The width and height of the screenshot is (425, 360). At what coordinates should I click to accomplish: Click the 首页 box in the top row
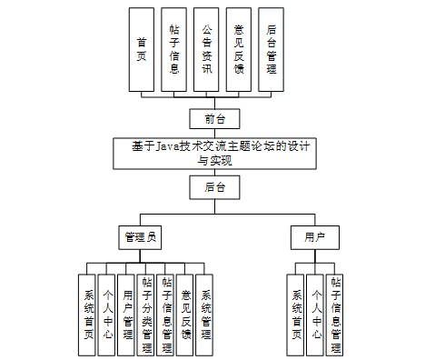point(142,50)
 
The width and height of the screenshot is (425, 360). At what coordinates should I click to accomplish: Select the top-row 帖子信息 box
point(174,50)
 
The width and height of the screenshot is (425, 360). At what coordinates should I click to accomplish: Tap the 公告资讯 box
point(207,50)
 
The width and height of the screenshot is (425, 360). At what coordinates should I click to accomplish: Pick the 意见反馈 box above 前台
point(239,50)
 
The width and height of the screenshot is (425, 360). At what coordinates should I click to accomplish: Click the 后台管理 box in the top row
point(272,50)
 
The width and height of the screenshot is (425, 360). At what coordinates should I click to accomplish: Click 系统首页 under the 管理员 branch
point(87,315)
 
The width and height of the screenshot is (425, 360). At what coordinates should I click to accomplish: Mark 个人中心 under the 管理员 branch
point(106,315)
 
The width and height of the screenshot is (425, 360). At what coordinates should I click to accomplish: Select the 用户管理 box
point(126,315)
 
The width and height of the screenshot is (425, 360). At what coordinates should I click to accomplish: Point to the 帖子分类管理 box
point(146,315)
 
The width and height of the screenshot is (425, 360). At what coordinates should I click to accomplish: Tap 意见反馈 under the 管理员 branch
point(185,315)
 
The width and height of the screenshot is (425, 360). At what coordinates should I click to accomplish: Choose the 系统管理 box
point(205,315)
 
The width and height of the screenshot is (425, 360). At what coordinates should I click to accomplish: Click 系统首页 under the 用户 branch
point(295,315)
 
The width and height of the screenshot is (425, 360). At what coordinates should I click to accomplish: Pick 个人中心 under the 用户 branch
point(315,315)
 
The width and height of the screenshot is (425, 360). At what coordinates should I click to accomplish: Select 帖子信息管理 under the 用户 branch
point(335,315)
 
